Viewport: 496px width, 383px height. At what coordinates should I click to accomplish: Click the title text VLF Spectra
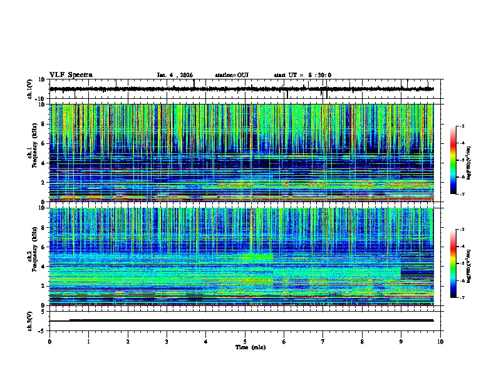point(71,75)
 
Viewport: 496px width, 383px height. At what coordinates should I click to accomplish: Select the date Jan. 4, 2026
point(177,75)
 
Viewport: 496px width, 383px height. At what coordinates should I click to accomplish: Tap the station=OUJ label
point(232,75)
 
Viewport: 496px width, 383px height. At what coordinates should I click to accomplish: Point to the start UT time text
point(302,75)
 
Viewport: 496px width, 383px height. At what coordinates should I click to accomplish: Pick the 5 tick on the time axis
point(245,341)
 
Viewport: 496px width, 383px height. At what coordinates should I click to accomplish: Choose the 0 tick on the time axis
point(49,341)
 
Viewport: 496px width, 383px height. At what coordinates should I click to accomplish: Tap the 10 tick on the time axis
point(440,341)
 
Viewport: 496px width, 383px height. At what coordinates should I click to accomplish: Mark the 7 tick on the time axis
point(323,341)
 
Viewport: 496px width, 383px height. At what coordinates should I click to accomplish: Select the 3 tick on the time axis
point(167,341)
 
